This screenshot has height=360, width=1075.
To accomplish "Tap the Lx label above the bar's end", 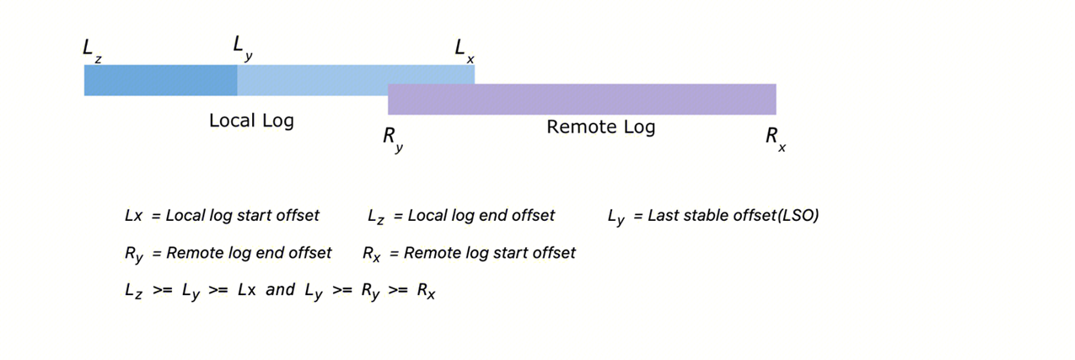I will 464,50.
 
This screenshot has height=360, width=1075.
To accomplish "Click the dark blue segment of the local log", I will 160,80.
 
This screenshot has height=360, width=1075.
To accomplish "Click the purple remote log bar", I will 582,99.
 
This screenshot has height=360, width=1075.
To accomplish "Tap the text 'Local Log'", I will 251,121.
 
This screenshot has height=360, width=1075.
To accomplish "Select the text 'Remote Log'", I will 600,127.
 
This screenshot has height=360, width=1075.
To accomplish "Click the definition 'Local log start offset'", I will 243,215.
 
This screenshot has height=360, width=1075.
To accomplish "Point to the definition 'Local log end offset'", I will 481,215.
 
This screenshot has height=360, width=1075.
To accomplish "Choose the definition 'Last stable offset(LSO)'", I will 733,215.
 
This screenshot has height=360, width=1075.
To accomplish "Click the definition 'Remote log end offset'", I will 249,253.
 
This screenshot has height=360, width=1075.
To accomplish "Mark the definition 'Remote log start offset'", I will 490,253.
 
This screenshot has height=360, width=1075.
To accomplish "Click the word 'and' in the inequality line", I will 280,290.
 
